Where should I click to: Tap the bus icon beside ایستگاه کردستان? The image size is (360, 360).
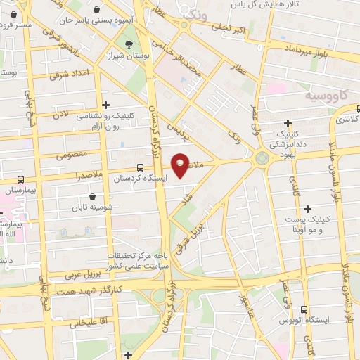tap(141, 168)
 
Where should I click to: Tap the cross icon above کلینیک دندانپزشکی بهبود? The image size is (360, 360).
tap(288, 123)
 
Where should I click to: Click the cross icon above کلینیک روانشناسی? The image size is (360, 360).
tap(105, 105)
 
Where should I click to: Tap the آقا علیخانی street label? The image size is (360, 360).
tap(88, 323)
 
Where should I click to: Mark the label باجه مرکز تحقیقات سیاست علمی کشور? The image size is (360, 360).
tap(138, 262)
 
